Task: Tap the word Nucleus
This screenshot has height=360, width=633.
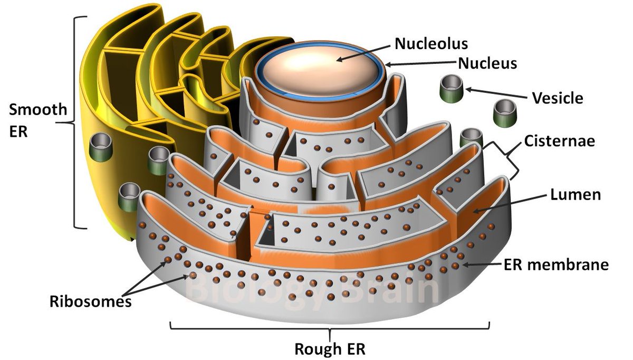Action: point(487,64)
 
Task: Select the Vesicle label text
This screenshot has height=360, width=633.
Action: point(558,98)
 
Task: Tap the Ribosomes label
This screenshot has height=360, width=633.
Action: point(90,302)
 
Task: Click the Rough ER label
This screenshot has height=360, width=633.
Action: point(330,349)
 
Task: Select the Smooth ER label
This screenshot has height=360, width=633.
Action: point(39,120)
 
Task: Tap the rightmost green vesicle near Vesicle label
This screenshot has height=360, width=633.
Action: point(504,110)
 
